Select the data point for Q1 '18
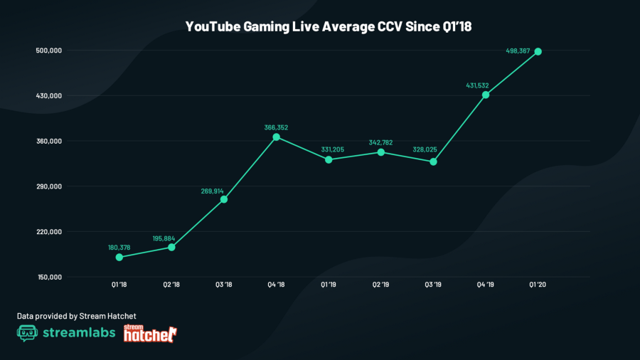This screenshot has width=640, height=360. coord(119,257)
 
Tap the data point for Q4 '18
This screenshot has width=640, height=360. coord(277,137)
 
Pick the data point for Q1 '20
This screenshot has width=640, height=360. coord(538,51)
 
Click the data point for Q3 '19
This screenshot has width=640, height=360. coord(433,162)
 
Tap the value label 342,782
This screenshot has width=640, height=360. coord(381,143)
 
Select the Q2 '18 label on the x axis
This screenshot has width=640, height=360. coord(171,285)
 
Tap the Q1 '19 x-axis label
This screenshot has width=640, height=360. coord(329,285)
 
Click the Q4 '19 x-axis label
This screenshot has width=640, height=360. coord(486,285)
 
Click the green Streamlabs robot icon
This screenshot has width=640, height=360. coord(27,334)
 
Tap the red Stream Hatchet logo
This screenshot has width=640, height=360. coord(150,333)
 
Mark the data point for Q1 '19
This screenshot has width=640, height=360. coord(329,159)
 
